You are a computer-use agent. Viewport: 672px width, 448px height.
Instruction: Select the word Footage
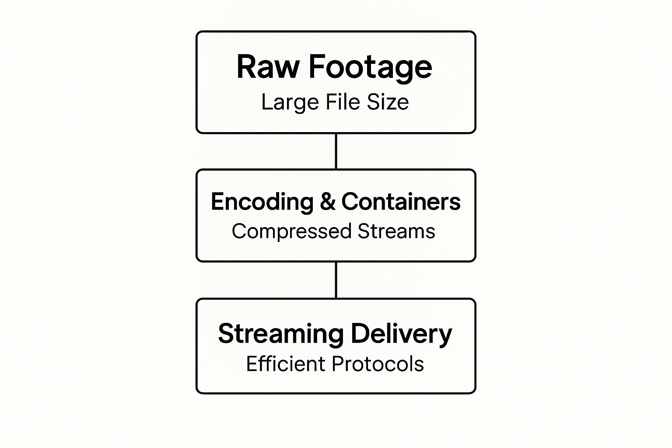(x=370, y=68)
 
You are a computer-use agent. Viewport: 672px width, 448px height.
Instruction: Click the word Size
(x=388, y=102)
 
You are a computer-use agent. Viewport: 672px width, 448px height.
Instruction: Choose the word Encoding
(x=262, y=203)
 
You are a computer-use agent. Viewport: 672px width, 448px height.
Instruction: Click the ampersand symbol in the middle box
(x=327, y=202)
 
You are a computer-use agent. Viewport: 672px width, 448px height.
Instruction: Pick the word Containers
(x=401, y=202)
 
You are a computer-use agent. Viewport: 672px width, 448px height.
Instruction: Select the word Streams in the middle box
(x=396, y=231)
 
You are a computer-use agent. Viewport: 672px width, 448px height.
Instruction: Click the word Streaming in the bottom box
(x=281, y=335)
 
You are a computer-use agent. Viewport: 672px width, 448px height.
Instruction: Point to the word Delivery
(x=401, y=334)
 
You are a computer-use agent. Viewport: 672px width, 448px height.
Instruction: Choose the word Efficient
(x=286, y=364)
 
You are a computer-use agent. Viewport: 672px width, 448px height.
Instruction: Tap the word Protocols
(x=378, y=364)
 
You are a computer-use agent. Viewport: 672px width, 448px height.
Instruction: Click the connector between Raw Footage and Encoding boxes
(x=336, y=151)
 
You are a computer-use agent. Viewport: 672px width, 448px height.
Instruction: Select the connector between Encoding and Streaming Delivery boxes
(x=336, y=280)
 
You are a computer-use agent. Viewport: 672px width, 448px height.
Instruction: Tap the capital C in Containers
(x=350, y=202)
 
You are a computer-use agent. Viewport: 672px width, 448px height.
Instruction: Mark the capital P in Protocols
(x=338, y=364)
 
